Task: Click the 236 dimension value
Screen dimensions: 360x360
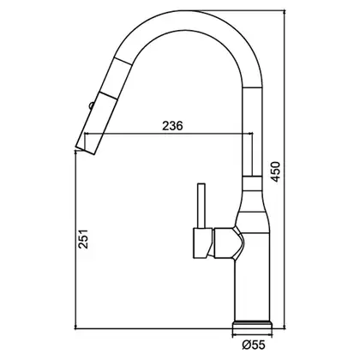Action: click(172, 125)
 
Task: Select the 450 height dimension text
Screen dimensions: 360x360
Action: click(276, 171)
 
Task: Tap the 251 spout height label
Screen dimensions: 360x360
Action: click(83, 239)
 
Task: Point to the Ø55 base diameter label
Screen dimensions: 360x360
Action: click(254, 345)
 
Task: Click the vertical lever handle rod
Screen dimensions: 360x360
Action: click(202, 206)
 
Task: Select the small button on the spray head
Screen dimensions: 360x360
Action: click(92, 105)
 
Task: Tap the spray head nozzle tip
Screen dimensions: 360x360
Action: click(85, 151)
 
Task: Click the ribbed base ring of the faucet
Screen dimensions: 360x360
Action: click(253, 324)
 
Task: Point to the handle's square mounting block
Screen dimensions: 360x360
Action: click(202, 243)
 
